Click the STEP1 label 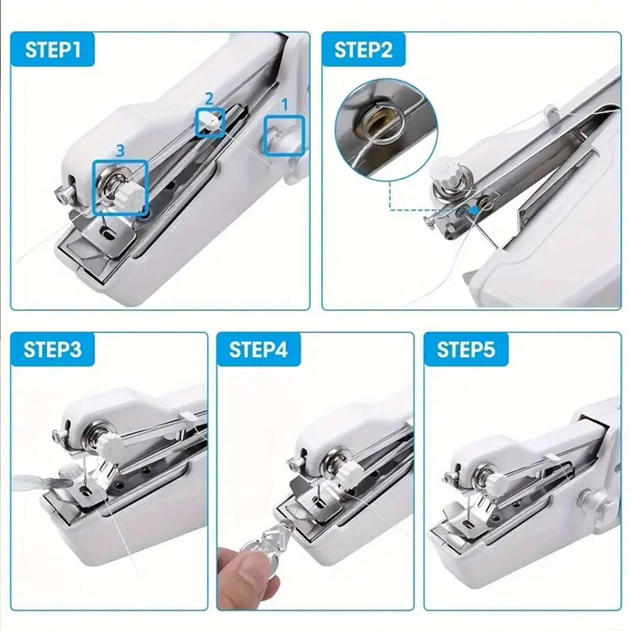pos(53,50)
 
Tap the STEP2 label pos(363,50)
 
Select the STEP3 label pos(53,350)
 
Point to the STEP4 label pos(258,350)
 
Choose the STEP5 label pos(466,350)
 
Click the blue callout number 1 pos(285,105)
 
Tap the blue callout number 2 pos(209,98)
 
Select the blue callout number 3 pos(121,151)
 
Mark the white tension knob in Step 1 pos(131,195)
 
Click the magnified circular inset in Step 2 pos(386,129)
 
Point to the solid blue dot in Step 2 pos(476,209)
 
